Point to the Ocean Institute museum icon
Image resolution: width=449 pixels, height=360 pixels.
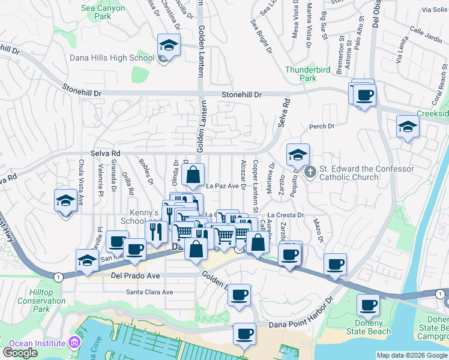[74, 343]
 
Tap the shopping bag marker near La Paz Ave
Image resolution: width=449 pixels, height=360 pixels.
[193, 175]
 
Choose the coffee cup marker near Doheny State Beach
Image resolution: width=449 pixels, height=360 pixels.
[368, 305]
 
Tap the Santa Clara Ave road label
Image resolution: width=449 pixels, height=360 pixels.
[149, 292]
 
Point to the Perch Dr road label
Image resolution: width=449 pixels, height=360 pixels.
[321, 127]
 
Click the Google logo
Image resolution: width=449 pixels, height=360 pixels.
[20, 353]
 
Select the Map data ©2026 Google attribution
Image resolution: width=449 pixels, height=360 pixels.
[412, 355]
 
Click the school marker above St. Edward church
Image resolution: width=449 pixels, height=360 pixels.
[298, 155]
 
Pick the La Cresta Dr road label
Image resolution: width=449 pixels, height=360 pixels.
[286, 214]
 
